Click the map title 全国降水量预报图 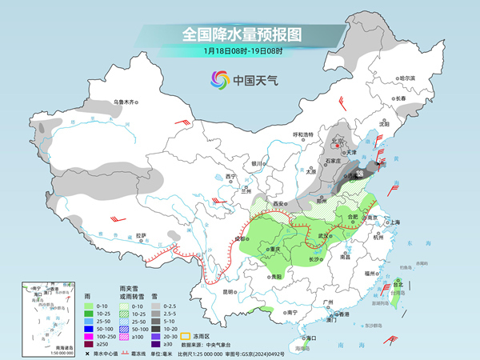click(x=239, y=35)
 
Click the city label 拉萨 click(x=142, y=235)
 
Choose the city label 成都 click(x=239, y=238)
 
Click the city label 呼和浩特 click(x=306, y=134)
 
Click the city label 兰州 click(x=246, y=192)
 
